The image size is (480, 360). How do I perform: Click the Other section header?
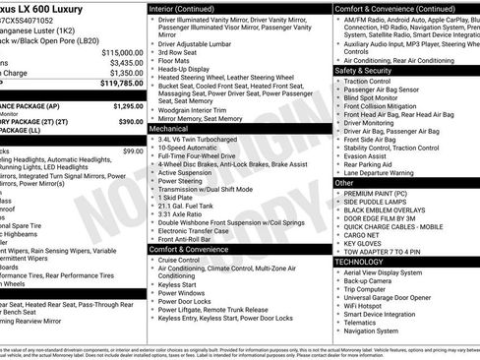(344, 183)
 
